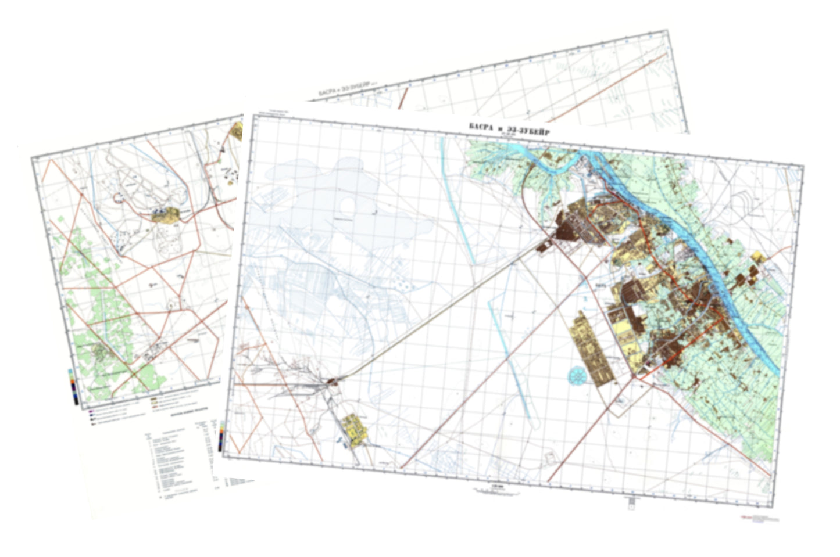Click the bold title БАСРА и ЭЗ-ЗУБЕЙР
[x=509, y=128]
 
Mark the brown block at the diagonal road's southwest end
[x=333, y=382]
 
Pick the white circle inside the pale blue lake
[x=347, y=205]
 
